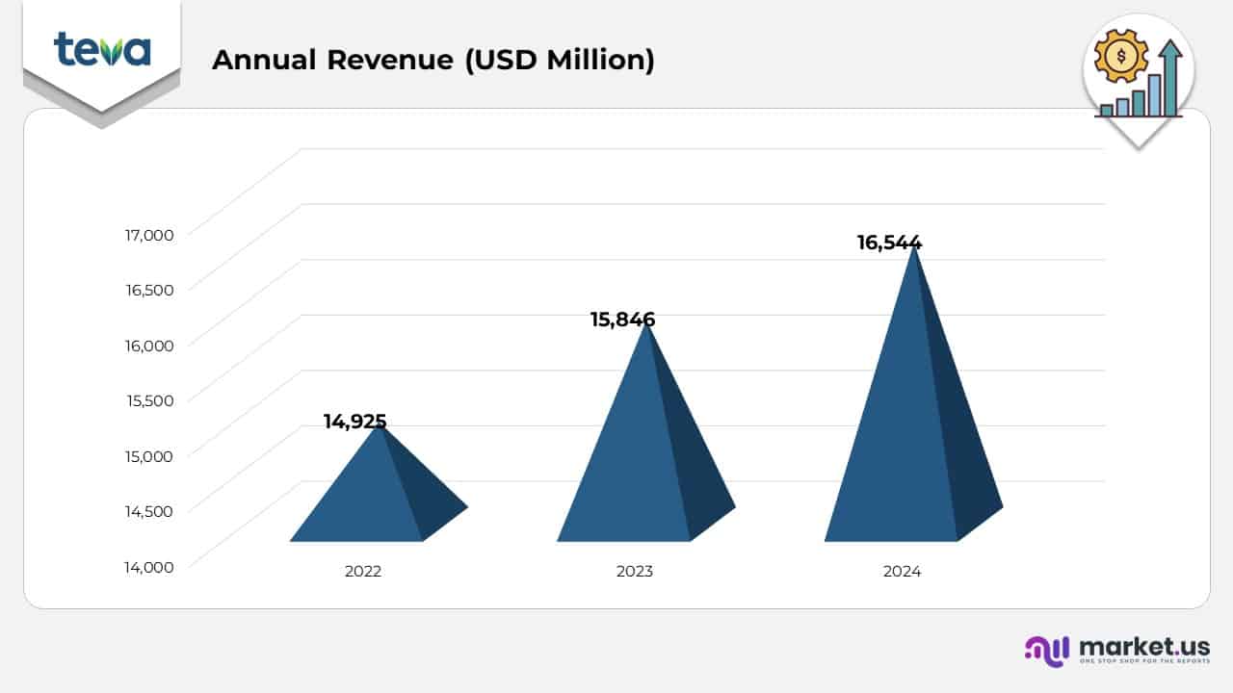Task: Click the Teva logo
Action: pos(102,49)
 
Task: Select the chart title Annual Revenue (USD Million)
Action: pos(433,60)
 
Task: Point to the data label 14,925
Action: pos(354,421)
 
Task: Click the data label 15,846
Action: pos(622,320)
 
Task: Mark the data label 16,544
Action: pos(889,243)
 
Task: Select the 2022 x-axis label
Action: pos(363,571)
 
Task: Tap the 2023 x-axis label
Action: pos(635,571)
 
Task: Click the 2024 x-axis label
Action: pos(902,571)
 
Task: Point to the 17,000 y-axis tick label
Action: pos(149,234)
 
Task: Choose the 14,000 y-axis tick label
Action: pos(149,567)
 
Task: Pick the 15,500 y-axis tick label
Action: pos(149,400)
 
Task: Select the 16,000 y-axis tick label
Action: pos(149,345)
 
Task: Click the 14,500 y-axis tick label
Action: pos(149,511)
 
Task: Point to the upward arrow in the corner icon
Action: pos(1170,72)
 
